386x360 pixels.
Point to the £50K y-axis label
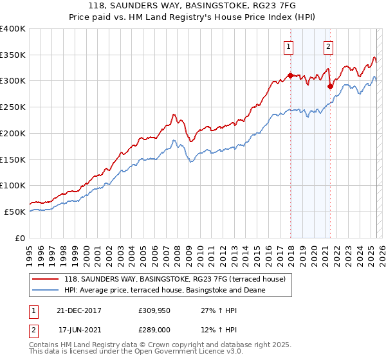pyautogui.click(x=15, y=212)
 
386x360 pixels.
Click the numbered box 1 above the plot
pyautogui.click(x=288, y=46)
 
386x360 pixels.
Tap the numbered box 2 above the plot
pyautogui.click(x=328, y=46)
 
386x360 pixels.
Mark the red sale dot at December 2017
pyautogui.click(x=290, y=75)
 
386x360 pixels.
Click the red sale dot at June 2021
pyautogui.click(x=330, y=86)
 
